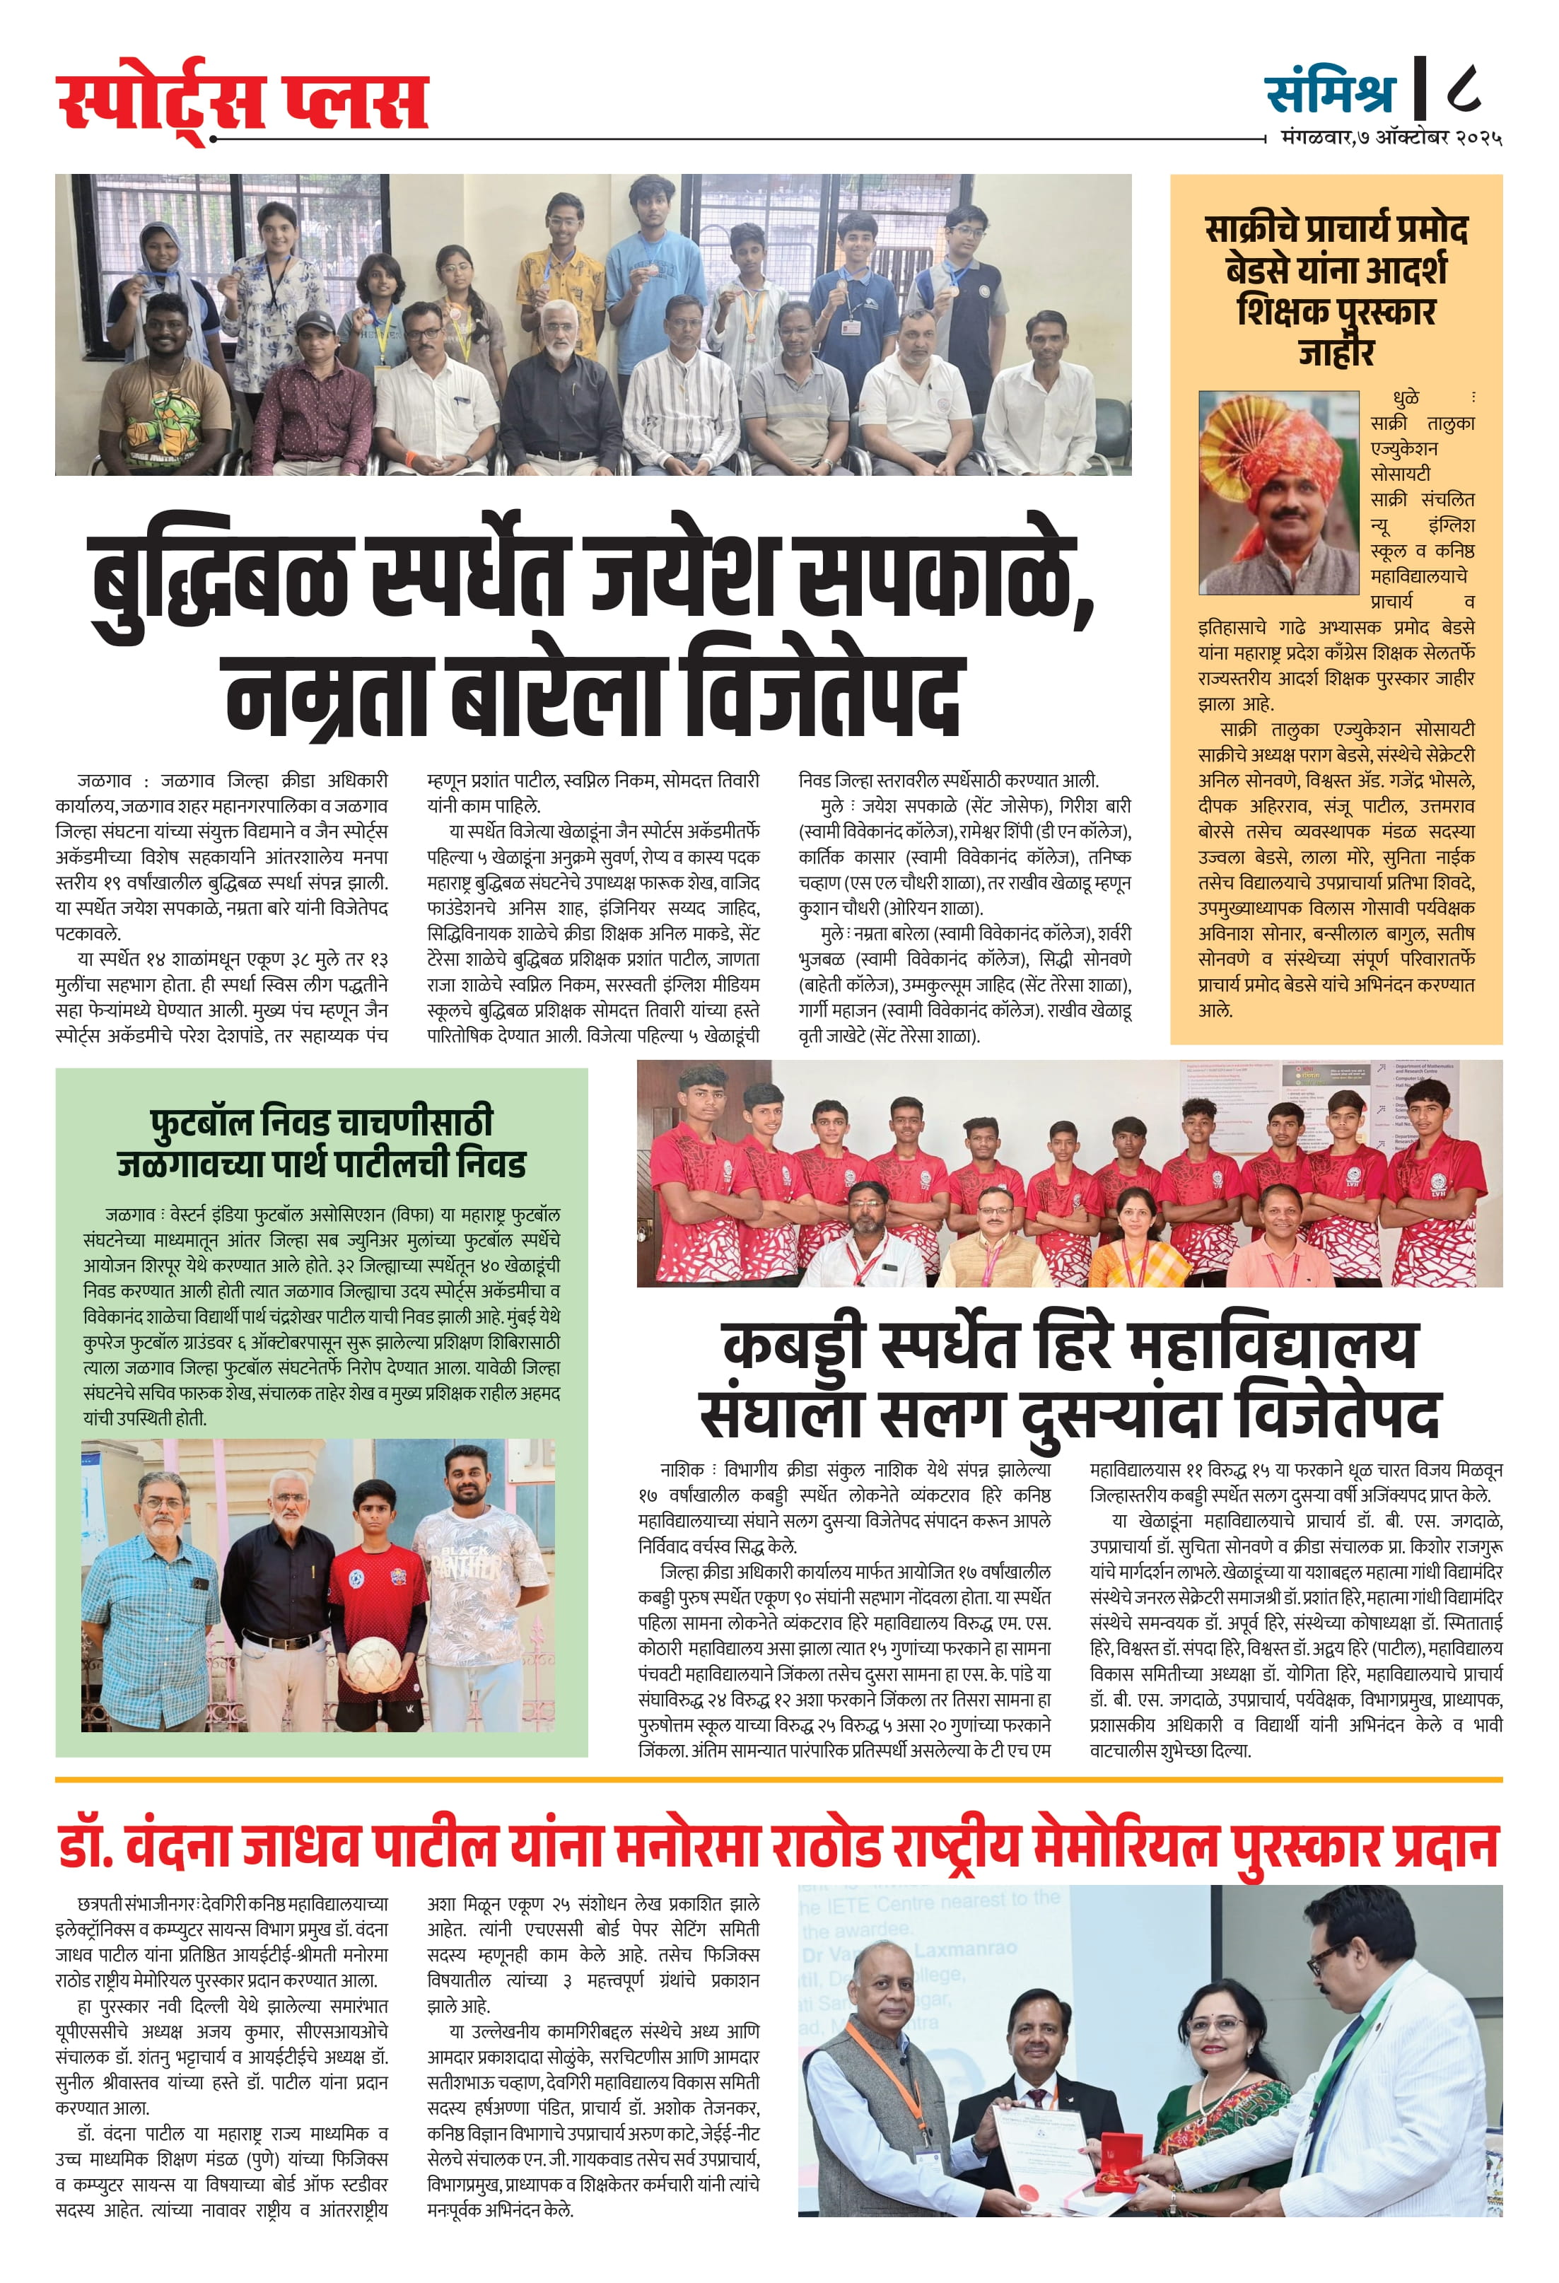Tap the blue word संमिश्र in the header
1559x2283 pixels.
[x=1329, y=91]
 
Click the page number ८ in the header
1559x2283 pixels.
[x=1463, y=89]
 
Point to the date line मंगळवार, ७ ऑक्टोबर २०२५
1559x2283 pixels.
[x=1391, y=139]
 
